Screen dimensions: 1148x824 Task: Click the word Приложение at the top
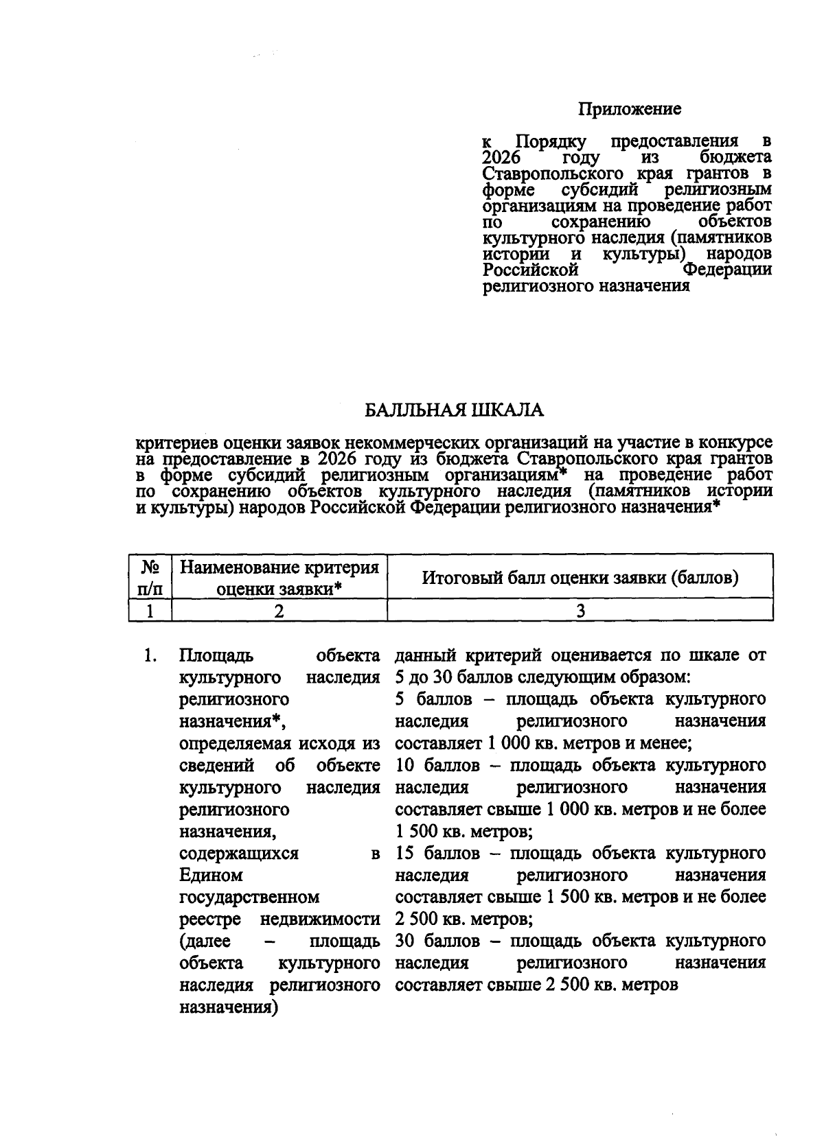coord(629,108)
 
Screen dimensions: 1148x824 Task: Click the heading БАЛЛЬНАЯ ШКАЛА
coord(454,410)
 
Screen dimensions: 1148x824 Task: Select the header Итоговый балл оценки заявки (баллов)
coord(580,578)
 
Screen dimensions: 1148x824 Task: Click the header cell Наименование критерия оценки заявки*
coord(279,578)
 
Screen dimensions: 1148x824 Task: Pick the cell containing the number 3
coord(580,611)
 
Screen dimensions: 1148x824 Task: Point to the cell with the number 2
coord(279,611)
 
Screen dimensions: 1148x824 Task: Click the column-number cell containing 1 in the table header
coord(150,611)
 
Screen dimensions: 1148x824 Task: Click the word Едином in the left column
coord(211,876)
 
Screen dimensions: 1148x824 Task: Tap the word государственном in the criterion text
coord(249,898)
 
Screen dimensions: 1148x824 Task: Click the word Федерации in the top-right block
coord(727,270)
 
